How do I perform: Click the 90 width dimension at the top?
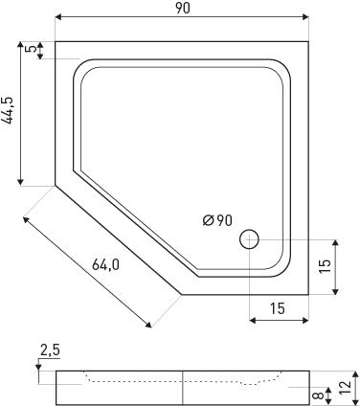point(182,9)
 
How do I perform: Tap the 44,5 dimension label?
point(8,110)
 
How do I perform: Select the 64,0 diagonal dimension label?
point(106,264)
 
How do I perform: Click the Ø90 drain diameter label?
point(217,220)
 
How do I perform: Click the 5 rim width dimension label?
point(31,49)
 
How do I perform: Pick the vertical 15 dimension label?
point(325,267)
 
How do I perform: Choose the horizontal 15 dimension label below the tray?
point(278,308)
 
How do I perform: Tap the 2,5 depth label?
point(50,350)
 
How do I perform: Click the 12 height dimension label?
point(346,388)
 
